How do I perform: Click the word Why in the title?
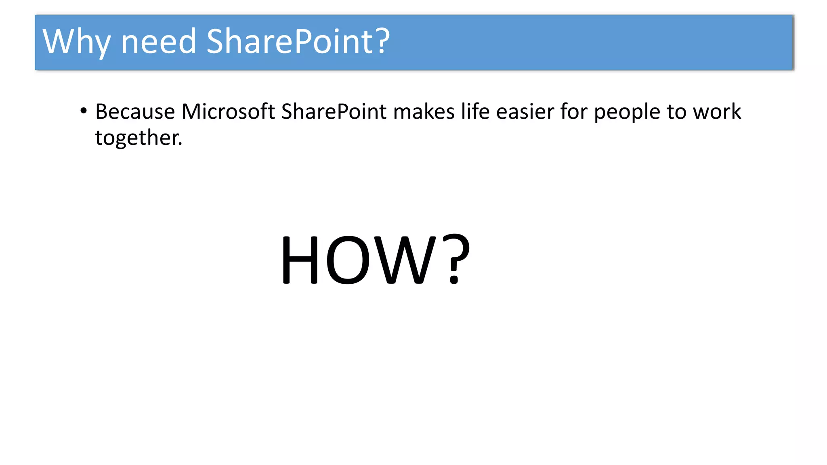[x=76, y=42]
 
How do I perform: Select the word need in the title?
[x=159, y=42]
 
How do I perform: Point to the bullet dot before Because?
[x=84, y=111]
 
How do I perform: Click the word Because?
[x=135, y=112]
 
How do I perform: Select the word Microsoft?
[x=228, y=112]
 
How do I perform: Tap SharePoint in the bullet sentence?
[x=334, y=112]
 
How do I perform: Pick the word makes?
[x=424, y=112]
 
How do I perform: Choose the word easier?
[x=525, y=112]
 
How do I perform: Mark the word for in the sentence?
[x=573, y=112]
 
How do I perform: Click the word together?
[x=139, y=138]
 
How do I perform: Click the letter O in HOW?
[x=348, y=260]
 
